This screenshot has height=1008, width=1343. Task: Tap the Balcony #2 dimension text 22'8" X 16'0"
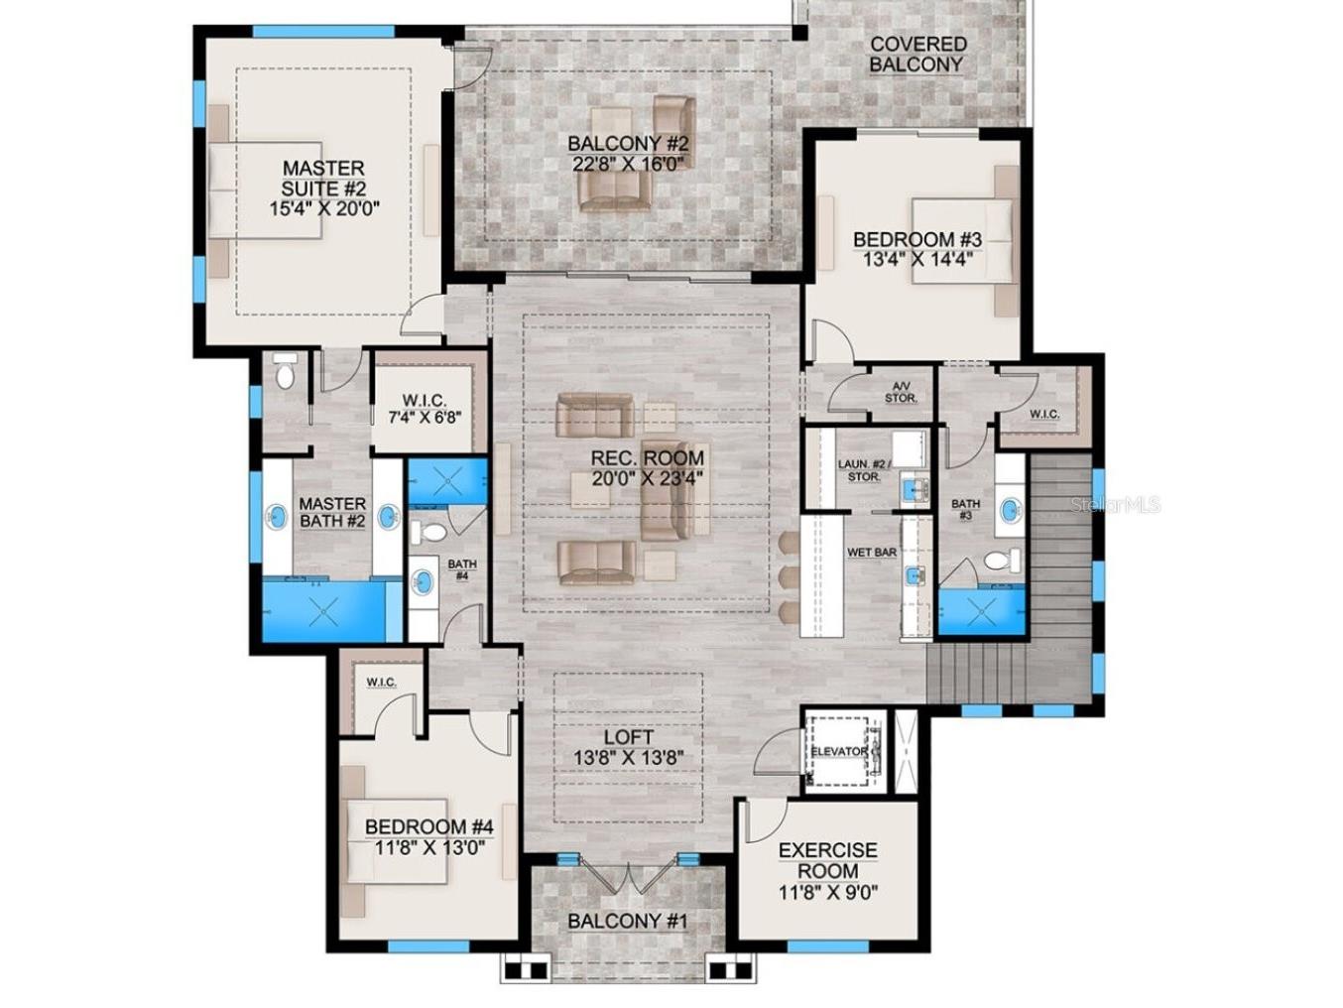[x=628, y=164]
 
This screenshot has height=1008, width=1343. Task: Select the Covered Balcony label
[x=917, y=54]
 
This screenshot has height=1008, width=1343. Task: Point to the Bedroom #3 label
[x=916, y=239]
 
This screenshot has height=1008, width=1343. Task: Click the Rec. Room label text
[x=647, y=458]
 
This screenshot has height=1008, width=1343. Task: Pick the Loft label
[x=628, y=737]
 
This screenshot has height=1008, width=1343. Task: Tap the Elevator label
[x=839, y=752]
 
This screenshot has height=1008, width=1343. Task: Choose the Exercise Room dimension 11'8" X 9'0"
[x=827, y=892]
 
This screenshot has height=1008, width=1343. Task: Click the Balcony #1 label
[x=627, y=921]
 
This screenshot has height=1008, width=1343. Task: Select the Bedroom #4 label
[x=428, y=826]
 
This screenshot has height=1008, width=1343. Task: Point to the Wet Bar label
[x=872, y=552]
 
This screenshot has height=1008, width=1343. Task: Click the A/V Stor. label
[x=901, y=393]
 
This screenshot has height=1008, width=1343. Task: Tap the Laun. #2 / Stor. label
[x=864, y=470]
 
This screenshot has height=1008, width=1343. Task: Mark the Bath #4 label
[x=462, y=569]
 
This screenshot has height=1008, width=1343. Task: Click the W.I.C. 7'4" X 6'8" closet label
[x=424, y=400]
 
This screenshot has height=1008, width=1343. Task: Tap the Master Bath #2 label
[x=332, y=512]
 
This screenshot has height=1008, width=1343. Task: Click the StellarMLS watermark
[x=1115, y=505]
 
